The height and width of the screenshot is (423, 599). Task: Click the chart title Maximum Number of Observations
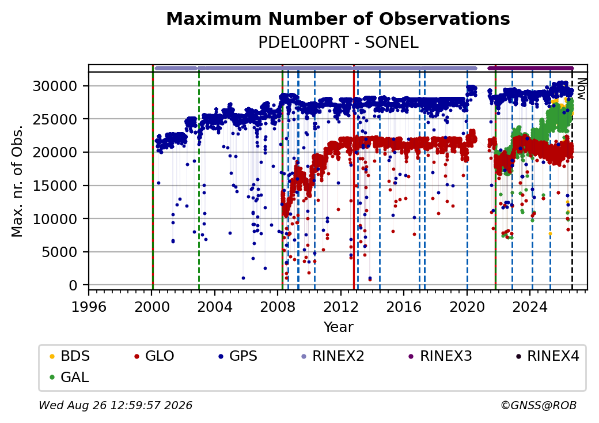click(x=338, y=18)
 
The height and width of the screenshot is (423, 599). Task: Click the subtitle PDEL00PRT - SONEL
click(x=338, y=42)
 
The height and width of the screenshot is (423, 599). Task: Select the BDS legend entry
click(x=70, y=356)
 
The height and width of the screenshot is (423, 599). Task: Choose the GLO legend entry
click(x=154, y=356)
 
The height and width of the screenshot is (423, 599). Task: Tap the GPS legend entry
click(x=238, y=356)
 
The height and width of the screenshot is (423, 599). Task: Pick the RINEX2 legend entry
click(x=333, y=356)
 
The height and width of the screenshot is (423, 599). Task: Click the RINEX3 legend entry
click(x=441, y=356)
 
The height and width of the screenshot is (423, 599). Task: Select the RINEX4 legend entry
click(x=548, y=356)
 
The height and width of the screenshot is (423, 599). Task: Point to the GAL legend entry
click(x=70, y=377)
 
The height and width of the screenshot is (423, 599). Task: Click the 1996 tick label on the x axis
click(x=89, y=307)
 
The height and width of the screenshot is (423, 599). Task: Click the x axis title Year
click(x=339, y=327)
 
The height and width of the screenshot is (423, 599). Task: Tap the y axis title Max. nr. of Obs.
click(x=17, y=181)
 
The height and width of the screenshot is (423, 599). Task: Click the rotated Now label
click(x=581, y=89)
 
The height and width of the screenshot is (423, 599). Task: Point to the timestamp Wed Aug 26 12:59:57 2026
click(x=115, y=405)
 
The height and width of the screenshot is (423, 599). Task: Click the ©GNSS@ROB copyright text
click(x=539, y=405)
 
